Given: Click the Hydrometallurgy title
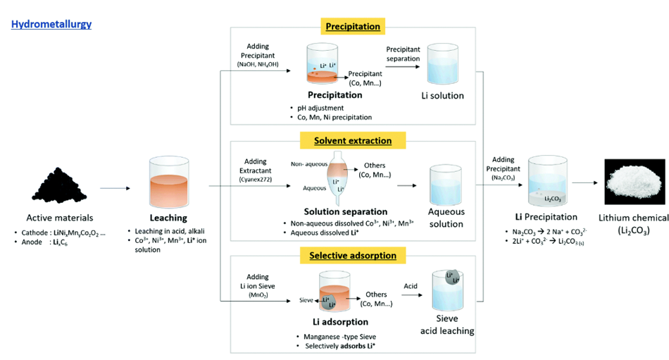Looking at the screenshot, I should click(51, 25).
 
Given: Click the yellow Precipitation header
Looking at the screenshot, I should click(353, 27).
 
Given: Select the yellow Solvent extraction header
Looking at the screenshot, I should click(353, 141).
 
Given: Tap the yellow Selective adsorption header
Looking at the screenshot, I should click(353, 255).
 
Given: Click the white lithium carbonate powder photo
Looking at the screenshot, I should click(633, 180).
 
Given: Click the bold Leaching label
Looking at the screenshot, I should click(168, 218).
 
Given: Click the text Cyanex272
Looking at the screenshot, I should click(258, 181).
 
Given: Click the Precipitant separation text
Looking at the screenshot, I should click(403, 54).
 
